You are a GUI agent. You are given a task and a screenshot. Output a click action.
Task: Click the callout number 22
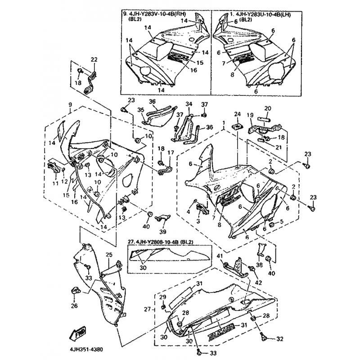[94, 59]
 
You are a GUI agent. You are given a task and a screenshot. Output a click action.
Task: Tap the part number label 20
[267, 108]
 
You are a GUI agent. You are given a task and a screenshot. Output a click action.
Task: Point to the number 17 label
[171, 153]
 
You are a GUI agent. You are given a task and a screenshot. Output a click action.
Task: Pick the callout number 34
[189, 104]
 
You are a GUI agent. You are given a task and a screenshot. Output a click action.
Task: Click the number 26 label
[74, 307]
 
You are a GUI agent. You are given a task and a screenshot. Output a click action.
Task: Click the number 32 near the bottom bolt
[280, 339]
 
